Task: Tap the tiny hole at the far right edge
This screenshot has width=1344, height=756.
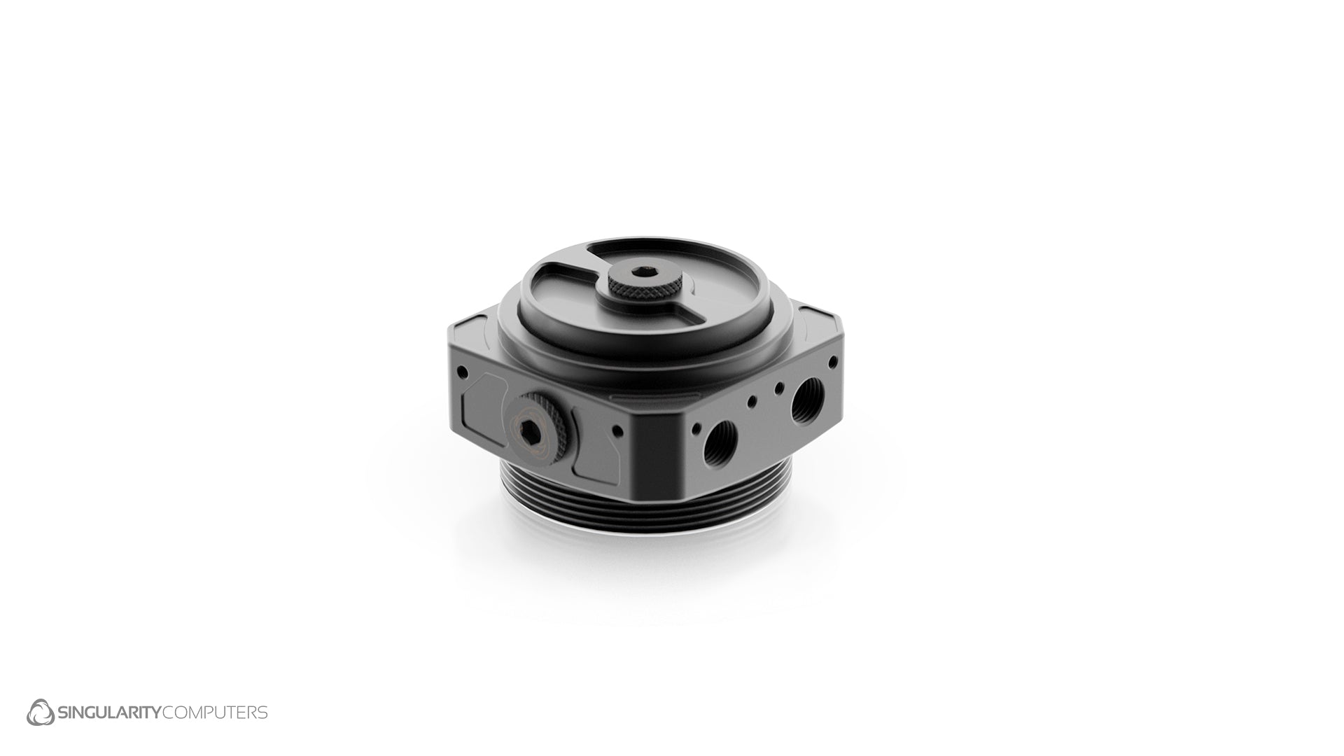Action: point(833,363)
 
